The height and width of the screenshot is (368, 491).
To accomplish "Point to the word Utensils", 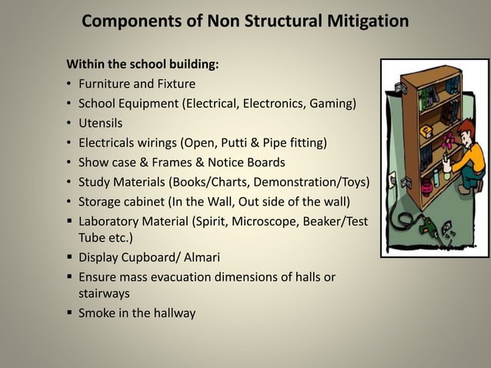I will [100, 122].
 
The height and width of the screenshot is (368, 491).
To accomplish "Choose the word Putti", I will [250, 142].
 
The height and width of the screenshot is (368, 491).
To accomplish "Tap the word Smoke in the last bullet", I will [96, 313].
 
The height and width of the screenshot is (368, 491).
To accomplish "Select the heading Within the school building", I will [142, 64].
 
